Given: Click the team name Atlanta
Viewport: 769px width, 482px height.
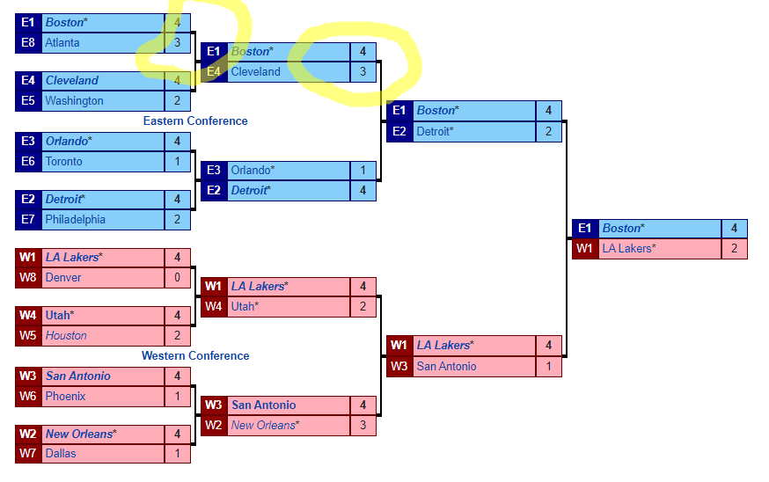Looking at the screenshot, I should tap(62, 42).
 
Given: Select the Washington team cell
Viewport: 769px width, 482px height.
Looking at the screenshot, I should tap(74, 100).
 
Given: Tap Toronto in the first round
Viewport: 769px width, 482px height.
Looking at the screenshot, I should tap(63, 161).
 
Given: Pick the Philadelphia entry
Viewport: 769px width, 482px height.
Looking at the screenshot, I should tap(75, 219).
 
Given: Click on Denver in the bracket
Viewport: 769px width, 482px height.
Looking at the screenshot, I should tap(63, 277).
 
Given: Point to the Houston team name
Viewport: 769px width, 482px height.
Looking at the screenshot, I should tap(66, 335).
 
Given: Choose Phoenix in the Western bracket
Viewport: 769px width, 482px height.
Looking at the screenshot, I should tap(65, 396).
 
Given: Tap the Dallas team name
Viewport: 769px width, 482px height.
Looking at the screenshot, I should tap(61, 453).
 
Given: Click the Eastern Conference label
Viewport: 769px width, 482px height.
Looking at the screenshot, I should tap(195, 120).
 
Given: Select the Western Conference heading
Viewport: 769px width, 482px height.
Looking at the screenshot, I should tap(195, 355).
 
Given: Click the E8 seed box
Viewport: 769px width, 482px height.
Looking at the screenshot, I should tap(28, 42).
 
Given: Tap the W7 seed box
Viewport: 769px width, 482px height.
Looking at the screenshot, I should tap(28, 453).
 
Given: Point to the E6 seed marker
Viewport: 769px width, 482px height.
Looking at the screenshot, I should tap(28, 161).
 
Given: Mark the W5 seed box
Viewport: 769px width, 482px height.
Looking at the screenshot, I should tap(28, 335).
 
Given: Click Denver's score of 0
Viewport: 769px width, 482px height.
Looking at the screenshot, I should tap(177, 277).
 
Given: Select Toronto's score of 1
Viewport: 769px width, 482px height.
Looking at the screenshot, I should tap(177, 161).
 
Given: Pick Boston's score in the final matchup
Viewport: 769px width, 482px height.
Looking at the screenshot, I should tap(734, 229).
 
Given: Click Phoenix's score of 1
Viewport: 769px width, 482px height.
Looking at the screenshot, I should tap(177, 396).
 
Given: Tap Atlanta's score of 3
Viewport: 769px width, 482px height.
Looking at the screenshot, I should tap(177, 42).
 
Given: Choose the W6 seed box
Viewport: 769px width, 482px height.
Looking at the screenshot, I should tap(28, 396).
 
